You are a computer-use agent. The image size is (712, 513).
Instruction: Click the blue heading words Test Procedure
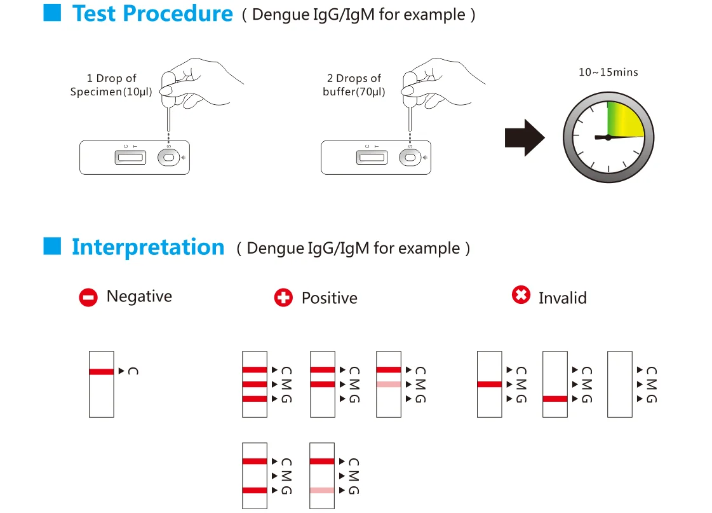coord(152,14)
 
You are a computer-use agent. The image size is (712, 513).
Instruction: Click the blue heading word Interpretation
coord(148,247)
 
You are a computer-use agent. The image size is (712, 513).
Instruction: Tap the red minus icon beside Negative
coord(88,298)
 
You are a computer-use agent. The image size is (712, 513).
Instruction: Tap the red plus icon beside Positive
coord(283,298)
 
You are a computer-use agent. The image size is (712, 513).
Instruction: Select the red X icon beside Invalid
coord(521,295)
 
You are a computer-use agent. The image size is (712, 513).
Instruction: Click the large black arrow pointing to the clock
coord(525,137)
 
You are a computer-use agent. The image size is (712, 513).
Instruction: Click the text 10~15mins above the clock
coord(608,72)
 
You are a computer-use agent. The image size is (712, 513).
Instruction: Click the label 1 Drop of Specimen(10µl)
coord(111,85)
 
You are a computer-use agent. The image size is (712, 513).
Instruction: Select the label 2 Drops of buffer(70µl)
coord(354,85)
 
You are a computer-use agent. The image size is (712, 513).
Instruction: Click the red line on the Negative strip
coord(102,371)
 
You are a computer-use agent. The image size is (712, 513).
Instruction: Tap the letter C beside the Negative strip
coord(133,371)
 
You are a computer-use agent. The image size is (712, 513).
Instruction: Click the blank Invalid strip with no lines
coord(620,384)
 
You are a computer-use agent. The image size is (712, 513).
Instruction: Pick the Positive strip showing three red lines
coord(255,384)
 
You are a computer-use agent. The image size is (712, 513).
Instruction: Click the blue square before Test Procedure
coord(51,13)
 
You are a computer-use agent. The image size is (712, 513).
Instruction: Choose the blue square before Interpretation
coord(51,245)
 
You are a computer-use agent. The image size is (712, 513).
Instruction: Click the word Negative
coord(139,296)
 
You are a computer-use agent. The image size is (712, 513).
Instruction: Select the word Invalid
coord(562,298)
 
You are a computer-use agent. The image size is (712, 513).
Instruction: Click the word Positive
coord(329,298)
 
